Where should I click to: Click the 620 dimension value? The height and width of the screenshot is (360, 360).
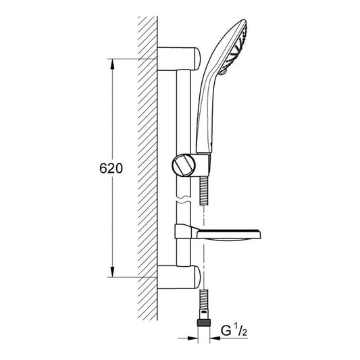coord(111,168)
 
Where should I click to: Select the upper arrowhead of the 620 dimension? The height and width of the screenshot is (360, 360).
coord(112,64)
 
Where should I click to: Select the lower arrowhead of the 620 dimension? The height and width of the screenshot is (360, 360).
coord(112,272)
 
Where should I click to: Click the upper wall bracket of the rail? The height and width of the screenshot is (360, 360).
coord(179,58)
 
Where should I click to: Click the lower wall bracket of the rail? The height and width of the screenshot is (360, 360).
coord(179,277)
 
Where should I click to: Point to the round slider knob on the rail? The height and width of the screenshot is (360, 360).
coord(184,165)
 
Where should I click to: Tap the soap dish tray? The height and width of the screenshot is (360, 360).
coord(229,234)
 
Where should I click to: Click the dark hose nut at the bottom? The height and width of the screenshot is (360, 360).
coord(204,322)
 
